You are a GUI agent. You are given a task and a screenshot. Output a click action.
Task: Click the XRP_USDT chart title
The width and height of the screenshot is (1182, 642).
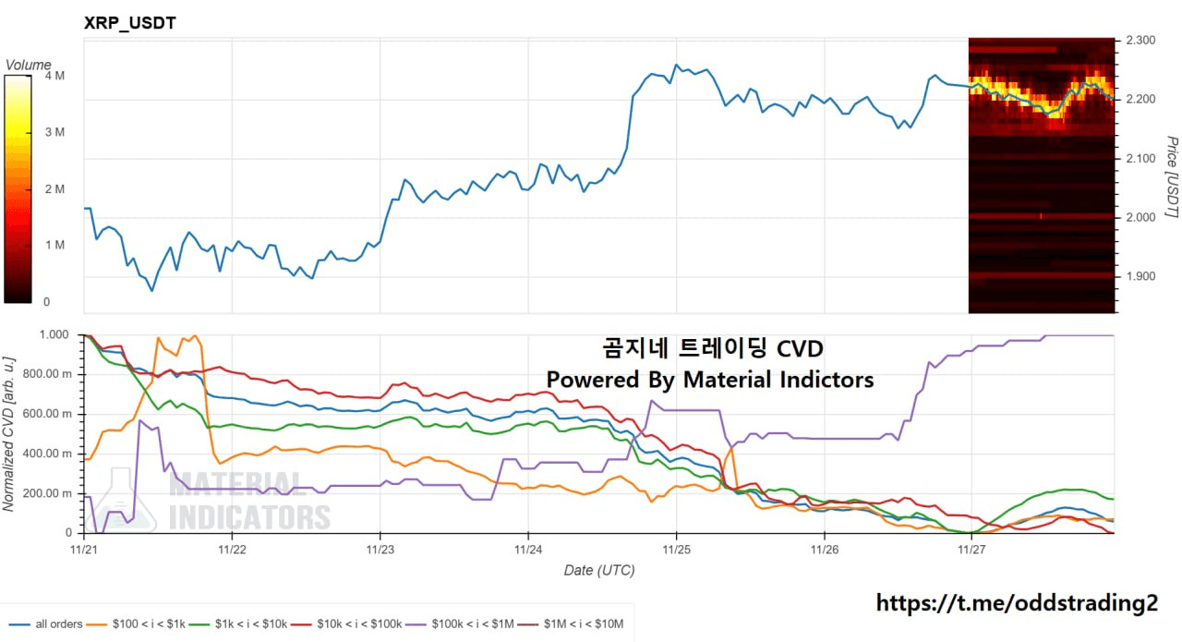[x=130, y=23]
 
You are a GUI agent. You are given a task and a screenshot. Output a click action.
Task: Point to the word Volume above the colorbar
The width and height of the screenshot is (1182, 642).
[x=29, y=65]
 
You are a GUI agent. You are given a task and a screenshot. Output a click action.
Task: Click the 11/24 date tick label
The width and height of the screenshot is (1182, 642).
[x=527, y=549]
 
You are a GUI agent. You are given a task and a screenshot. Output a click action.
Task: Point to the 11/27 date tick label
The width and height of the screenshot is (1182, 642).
[x=971, y=549]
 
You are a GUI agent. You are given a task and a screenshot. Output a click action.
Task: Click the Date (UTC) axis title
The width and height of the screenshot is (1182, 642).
[x=599, y=570]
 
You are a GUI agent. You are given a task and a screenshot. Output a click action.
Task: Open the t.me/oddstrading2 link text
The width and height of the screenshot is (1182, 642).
[x=1016, y=603]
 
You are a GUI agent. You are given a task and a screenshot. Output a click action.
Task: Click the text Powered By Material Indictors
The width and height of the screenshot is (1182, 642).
[x=709, y=380]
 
